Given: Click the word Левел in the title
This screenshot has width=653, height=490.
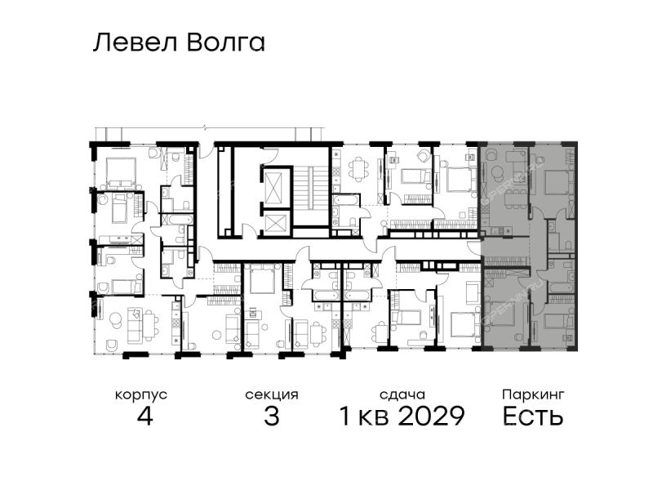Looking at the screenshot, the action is point(135,42).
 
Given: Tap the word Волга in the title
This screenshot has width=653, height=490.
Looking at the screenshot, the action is point(226,42).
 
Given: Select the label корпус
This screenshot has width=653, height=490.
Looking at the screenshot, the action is point(141,395).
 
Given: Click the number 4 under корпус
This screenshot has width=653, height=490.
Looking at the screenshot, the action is point(144,416).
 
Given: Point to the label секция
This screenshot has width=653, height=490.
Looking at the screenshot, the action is point(272,395).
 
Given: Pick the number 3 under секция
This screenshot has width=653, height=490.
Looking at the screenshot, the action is point(272,416).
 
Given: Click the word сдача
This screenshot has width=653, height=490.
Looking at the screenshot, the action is point(402,395).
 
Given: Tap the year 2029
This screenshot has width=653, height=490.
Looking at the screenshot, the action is point(431,416).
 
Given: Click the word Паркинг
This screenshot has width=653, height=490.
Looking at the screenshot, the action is point(533,394).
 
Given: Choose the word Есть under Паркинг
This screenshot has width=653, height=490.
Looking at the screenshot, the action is point(533,416).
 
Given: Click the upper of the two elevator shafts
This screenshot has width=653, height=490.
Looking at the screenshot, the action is point(273,187).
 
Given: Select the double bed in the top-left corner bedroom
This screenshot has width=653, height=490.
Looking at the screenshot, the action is point(121,171).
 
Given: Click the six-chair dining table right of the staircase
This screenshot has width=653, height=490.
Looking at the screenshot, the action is point(359,169).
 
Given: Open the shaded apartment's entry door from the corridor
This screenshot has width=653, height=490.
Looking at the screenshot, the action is point(474,248).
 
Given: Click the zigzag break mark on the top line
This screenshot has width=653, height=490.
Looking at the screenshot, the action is point(205,127).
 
